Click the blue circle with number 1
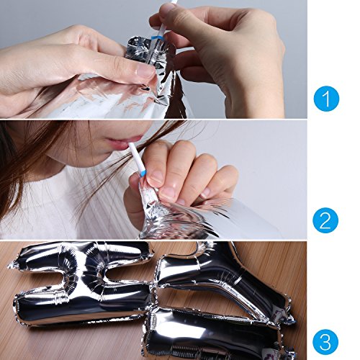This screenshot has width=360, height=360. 326,99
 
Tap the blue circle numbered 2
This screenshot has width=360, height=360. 325,220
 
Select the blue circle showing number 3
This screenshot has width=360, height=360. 325,342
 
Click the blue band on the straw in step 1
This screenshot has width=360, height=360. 158,37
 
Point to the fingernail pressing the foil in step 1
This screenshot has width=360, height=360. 145,70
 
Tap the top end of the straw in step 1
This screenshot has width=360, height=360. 174,1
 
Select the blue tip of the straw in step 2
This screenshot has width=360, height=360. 142,174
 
